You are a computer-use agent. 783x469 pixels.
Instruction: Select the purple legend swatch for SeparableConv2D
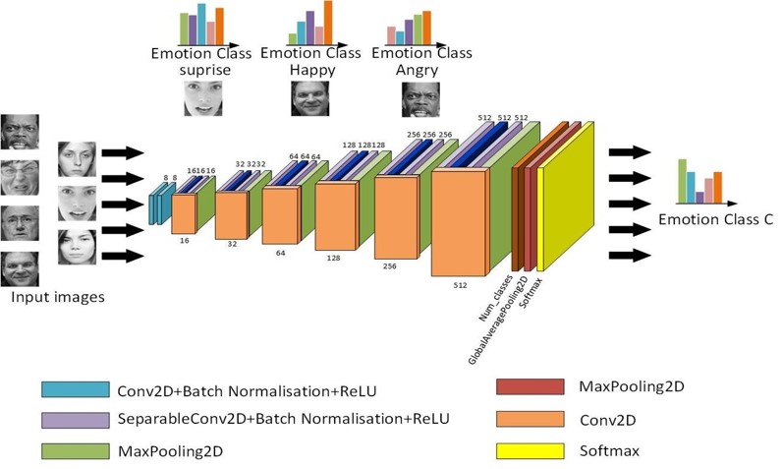[x=75, y=420]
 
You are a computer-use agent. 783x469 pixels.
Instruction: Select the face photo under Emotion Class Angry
[x=420, y=98]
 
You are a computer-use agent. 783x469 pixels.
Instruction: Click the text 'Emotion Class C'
[x=715, y=218]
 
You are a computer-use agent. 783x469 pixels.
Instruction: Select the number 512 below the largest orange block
[x=460, y=286]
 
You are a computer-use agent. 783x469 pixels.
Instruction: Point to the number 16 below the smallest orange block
[x=184, y=240]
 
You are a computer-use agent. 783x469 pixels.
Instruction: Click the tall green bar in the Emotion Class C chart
[x=682, y=180]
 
